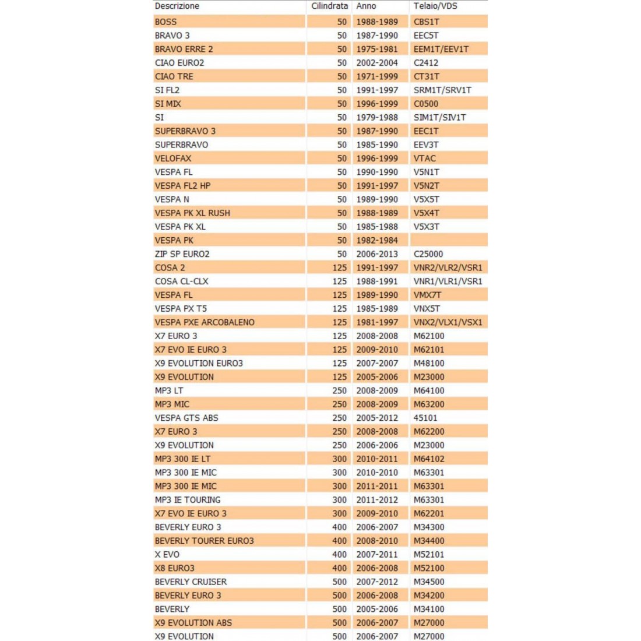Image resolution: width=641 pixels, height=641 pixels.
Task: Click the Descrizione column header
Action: point(177,6)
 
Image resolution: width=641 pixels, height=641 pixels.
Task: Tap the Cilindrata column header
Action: point(329,6)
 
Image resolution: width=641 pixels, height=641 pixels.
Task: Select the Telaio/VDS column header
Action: point(435,6)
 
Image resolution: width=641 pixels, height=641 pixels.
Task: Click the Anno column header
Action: point(367,6)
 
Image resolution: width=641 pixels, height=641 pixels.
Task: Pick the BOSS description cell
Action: point(166,22)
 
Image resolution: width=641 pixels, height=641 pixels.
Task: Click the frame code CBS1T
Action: point(427,22)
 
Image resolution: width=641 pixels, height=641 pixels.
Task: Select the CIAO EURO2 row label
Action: point(179,63)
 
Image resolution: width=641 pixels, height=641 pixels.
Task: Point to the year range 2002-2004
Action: point(377,63)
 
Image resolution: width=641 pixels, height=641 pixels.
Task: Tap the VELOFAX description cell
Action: point(173,159)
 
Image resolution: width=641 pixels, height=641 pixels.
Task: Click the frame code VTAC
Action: point(425,159)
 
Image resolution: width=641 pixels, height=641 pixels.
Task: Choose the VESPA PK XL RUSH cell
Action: point(192,213)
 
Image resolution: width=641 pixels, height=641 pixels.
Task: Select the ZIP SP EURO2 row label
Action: point(182,254)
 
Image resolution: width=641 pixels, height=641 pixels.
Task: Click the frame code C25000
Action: point(428,254)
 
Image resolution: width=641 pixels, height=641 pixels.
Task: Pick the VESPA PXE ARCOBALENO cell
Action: point(205,322)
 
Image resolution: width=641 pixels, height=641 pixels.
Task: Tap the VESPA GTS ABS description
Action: point(186,418)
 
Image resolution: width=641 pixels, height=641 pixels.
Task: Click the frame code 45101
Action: point(425,418)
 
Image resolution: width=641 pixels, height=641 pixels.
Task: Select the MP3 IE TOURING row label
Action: point(188,500)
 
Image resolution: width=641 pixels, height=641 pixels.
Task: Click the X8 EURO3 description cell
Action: point(175,568)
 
